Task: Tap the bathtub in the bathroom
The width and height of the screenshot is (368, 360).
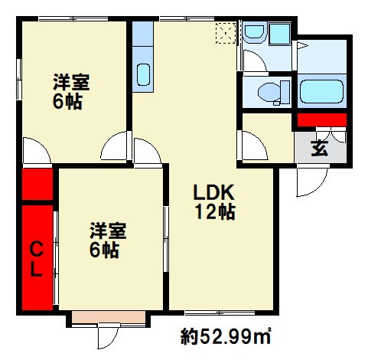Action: pyautogui.click(x=322, y=92)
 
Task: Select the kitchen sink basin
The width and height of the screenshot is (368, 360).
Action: pyautogui.click(x=143, y=74)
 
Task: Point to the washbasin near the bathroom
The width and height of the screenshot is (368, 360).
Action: pyautogui.click(x=254, y=31)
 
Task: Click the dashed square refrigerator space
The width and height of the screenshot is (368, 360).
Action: pyautogui.click(x=226, y=33)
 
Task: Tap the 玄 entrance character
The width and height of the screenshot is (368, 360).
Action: pyautogui.click(x=320, y=149)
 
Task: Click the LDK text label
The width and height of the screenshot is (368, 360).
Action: pyautogui.click(x=213, y=193)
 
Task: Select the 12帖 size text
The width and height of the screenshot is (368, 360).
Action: pyautogui.click(x=215, y=211)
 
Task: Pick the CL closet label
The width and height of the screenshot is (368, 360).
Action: pyautogui.click(x=36, y=259)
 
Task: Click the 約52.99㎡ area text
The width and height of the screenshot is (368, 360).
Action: pyautogui.click(x=226, y=336)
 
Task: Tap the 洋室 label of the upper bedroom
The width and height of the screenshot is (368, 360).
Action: pyautogui.click(x=71, y=82)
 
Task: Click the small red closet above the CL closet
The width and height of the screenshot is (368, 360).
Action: pyautogui.click(x=37, y=184)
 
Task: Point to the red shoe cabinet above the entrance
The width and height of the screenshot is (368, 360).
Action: pyautogui.click(x=322, y=119)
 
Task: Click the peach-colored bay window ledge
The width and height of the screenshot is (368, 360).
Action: pyautogui.click(x=109, y=317)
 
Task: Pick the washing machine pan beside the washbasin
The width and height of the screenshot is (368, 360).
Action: pyautogui.click(x=280, y=34)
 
